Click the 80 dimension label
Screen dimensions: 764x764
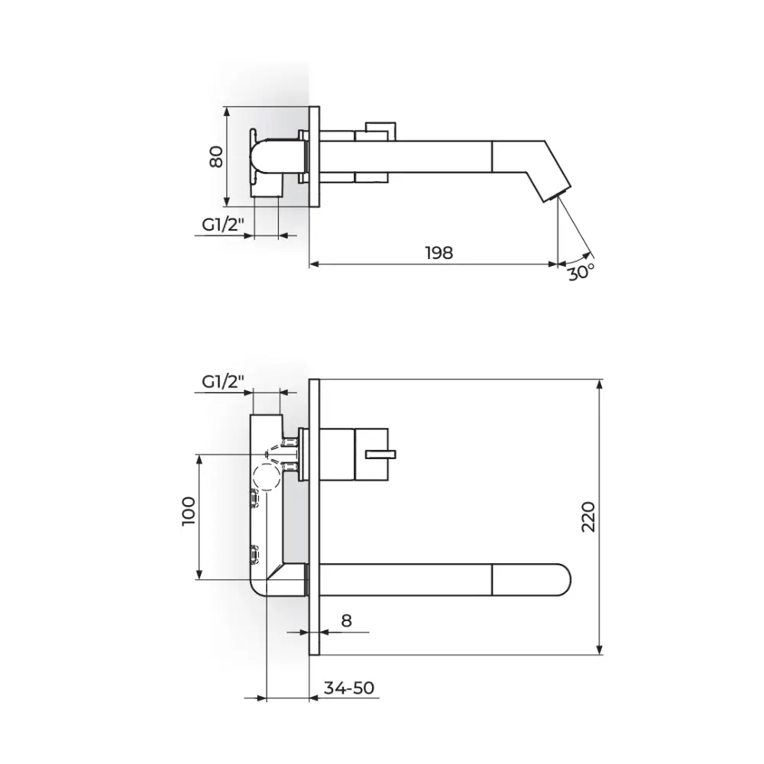click(216, 157)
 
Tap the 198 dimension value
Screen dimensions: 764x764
click(439, 253)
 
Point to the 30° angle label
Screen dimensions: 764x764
click(581, 272)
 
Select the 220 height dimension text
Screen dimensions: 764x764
click(588, 516)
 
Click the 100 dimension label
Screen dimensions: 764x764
click(188, 511)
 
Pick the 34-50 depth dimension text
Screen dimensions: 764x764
click(349, 688)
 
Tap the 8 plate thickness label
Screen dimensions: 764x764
click(346, 620)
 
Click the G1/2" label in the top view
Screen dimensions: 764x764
click(223, 225)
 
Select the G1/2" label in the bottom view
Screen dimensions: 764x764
click(223, 381)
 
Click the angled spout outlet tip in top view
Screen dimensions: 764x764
click(558, 193)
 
